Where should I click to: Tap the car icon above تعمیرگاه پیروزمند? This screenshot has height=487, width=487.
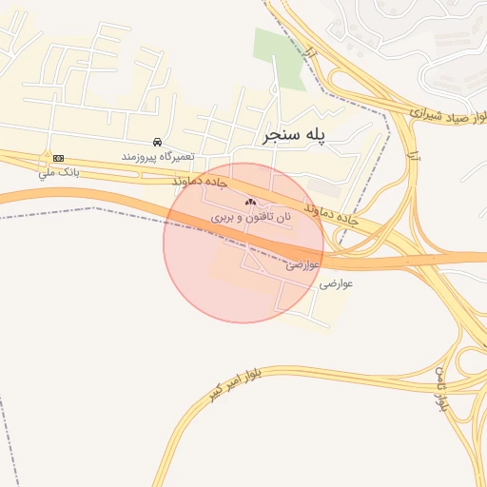click(x=157, y=142)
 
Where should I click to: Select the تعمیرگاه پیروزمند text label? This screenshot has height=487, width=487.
click(x=157, y=154)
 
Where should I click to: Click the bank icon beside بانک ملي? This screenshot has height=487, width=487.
click(x=59, y=157)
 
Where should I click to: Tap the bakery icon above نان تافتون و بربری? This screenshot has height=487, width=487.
click(x=251, y=202)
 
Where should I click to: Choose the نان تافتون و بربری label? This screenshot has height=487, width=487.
click(x=251, y=217)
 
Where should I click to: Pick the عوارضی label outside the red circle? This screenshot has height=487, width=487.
click(x=337, y=283)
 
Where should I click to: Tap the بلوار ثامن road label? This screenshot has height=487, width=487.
click(x=442, y=388)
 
